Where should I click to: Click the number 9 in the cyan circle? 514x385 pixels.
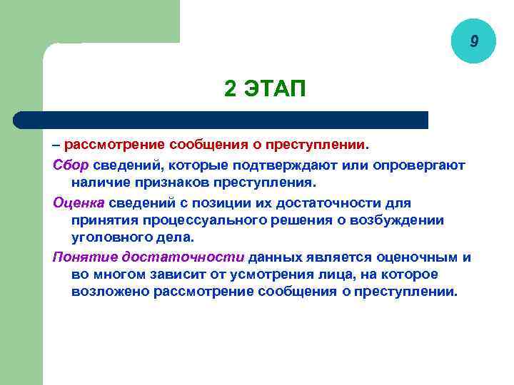(473, 42)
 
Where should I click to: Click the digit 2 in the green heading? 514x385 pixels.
(230, 89)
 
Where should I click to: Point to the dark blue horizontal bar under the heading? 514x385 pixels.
(221, 120)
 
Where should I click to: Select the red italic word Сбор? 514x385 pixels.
(71, 165)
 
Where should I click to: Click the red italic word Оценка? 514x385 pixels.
(79, 202)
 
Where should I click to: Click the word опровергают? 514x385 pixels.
(421, 165)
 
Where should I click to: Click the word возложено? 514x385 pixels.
(106, 292)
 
